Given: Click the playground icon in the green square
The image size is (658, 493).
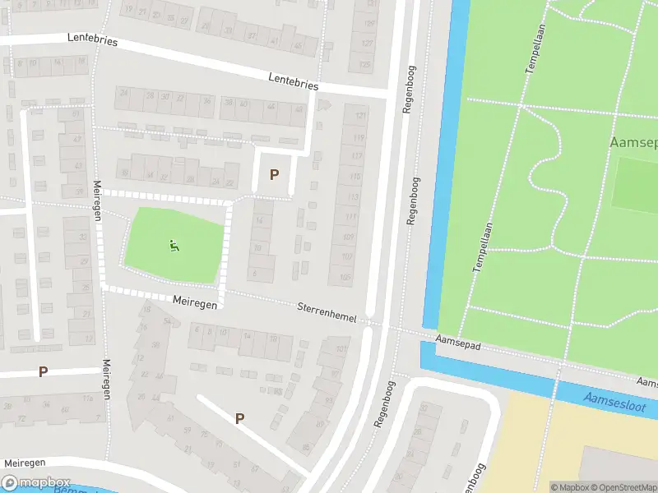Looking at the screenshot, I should pyautogui.click(x=174, y=245).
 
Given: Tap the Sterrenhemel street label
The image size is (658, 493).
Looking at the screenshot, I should pyautogui.click(x=327, y=311).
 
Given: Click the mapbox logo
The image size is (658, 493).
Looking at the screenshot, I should pyautogui.click(x=35, y=482).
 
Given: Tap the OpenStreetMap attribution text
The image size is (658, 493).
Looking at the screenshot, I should pyautogui.click(x=625, y=487).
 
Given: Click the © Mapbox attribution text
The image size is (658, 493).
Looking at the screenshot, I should pyautogui.click(x=571, y=487).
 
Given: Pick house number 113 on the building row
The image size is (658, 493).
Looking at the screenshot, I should pyautogui.click(x=354, y=197).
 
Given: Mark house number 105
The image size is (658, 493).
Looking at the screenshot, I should pyautogui.click(x=345, y=278).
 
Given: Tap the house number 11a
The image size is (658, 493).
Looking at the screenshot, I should pyautogui.click(x=86, y=399).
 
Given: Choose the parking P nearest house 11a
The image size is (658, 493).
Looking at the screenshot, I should pyautogui.click(x=43, y=371).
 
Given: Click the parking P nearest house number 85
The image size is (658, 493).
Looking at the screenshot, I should pyautogui.click(x=240, y=418).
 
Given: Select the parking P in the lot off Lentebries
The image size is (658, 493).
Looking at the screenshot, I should pyautogui.click(x=274, y=174).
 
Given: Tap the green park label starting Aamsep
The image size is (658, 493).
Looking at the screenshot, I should pyautogui.click(x=633, y=142).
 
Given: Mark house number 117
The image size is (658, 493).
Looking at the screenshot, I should pyautogui.click(x=356, y=156).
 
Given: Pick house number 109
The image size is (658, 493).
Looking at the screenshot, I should pyautogui.click(x=350, y=237).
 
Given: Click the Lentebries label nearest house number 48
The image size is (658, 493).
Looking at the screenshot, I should pyautogui.click(x=293, y=81).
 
